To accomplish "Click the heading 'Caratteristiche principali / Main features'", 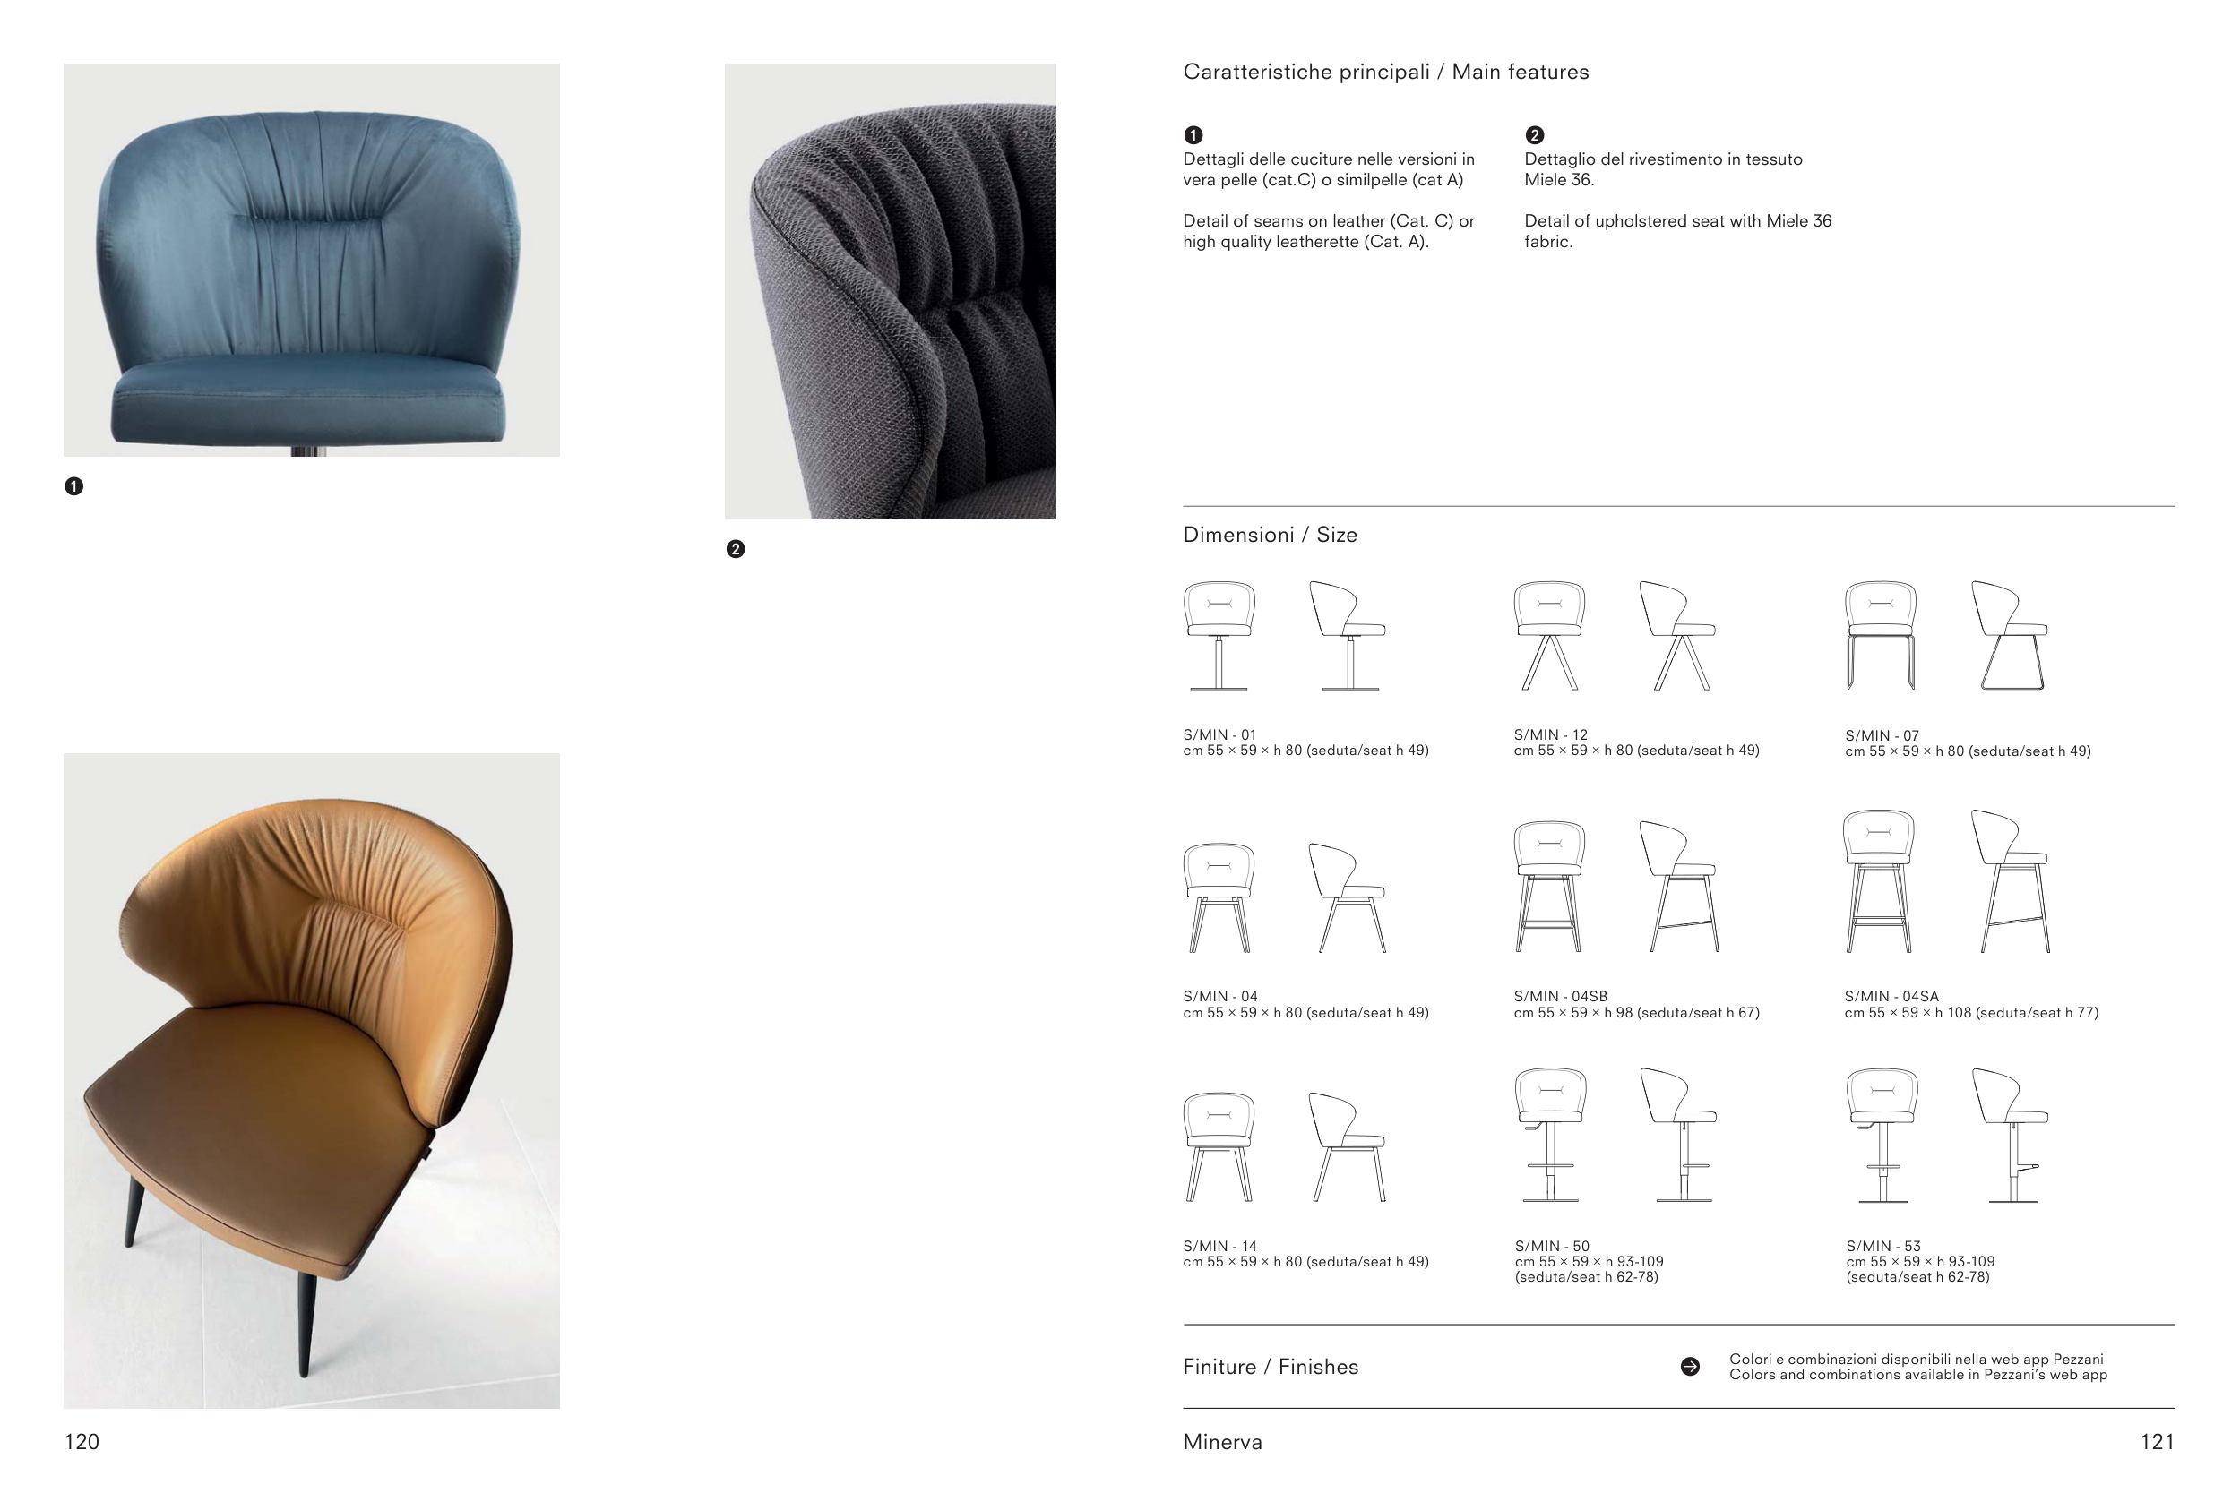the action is [1386, 73].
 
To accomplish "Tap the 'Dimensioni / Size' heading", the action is [1270, 535].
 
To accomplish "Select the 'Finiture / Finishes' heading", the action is [1271, 1368].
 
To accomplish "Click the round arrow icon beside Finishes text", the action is [1691, 1368].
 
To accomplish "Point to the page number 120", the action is [82, 1443].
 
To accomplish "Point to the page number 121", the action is [2158, 1443].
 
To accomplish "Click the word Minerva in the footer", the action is [1223, 1443].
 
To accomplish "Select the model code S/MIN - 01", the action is [1220, 735].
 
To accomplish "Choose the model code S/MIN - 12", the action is [1550, 735].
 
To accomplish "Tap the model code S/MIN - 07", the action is [1882, 736].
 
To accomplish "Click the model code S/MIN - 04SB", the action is [1561, 997].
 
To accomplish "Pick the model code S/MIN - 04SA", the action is [1891, 997].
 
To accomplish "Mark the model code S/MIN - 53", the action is [1883, 1247].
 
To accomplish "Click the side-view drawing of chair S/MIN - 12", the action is [1677, 635].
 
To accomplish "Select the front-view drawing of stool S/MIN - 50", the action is [1550, 1135].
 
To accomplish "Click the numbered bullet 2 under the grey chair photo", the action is [736, 549].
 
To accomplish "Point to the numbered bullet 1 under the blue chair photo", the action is [73, 486].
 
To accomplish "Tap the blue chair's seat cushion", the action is [307, 402].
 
